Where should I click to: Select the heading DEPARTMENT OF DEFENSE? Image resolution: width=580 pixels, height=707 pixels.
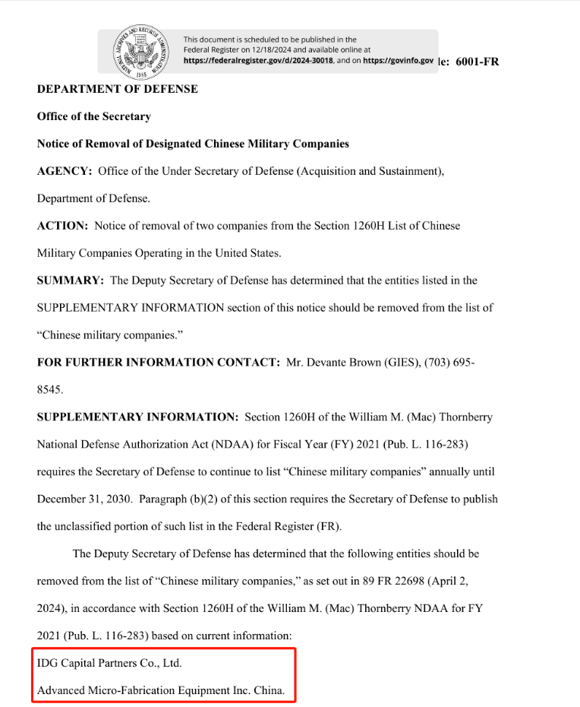point(117,89)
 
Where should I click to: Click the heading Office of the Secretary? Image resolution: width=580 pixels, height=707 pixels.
point(93,116)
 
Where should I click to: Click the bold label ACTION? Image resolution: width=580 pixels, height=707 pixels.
point(63,226)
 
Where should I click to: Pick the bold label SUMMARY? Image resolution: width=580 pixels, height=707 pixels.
point(70,281)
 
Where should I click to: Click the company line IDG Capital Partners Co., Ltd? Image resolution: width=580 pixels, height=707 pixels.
point(109,663)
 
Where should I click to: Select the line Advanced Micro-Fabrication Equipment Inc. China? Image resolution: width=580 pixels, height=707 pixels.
point(161,690)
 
